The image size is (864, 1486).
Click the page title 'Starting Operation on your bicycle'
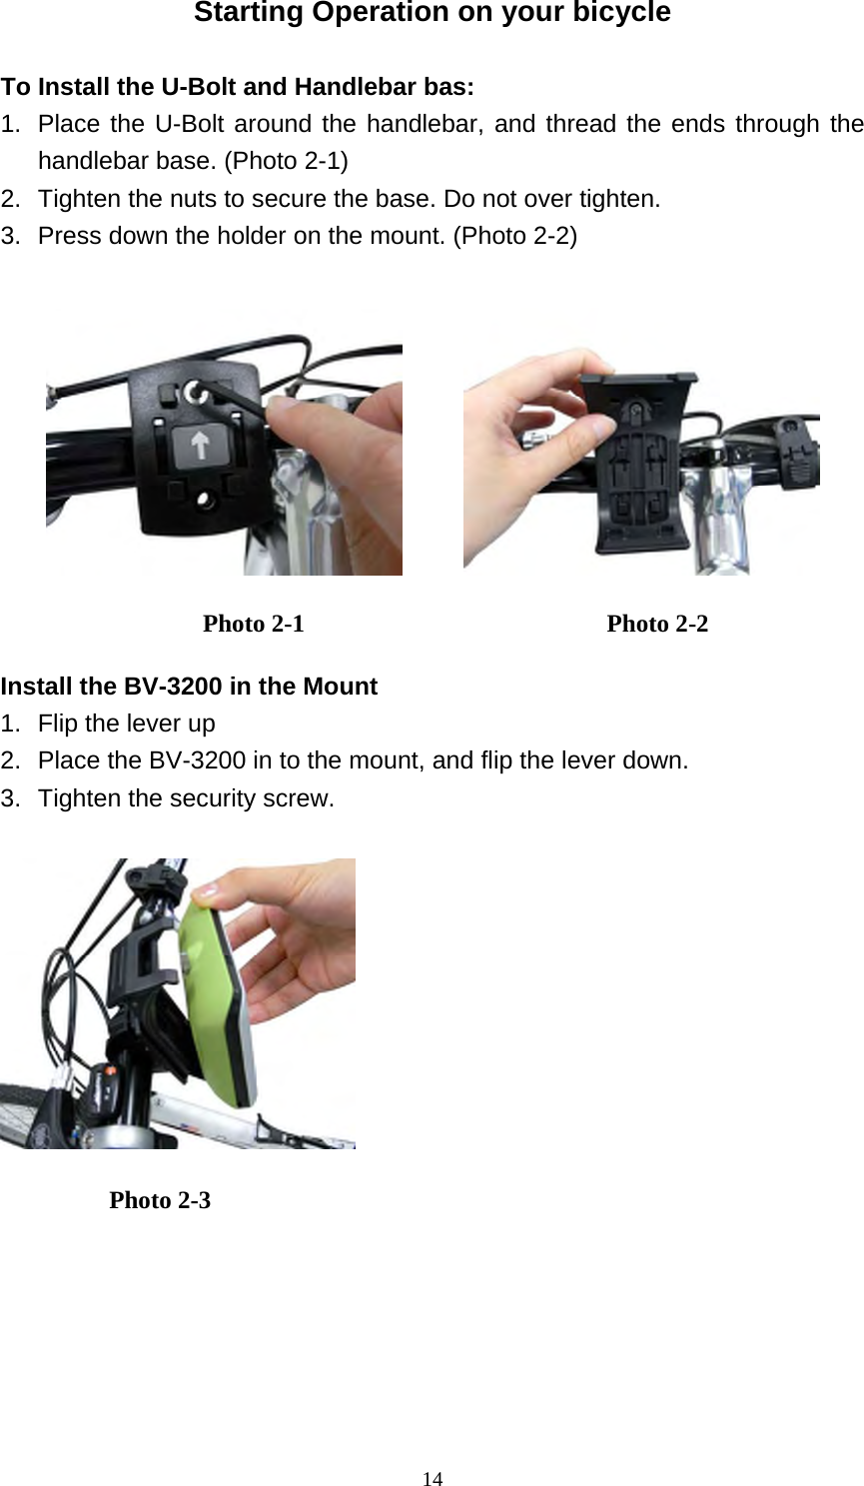[x=432, y=14]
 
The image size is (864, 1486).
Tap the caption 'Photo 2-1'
[x=253, y=625]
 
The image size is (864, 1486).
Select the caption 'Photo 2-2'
[x=657, y=625]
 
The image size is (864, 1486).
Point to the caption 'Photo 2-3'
[x=160, y=1200]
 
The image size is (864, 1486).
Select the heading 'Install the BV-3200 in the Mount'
[x=189, y=687]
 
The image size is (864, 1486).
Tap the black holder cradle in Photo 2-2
[x=640, y=460]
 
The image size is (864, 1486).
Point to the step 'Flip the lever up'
[x=126, y=724]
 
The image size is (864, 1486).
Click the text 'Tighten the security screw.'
[x=186, y=798]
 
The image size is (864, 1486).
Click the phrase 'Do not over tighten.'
[x=551, y=199]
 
